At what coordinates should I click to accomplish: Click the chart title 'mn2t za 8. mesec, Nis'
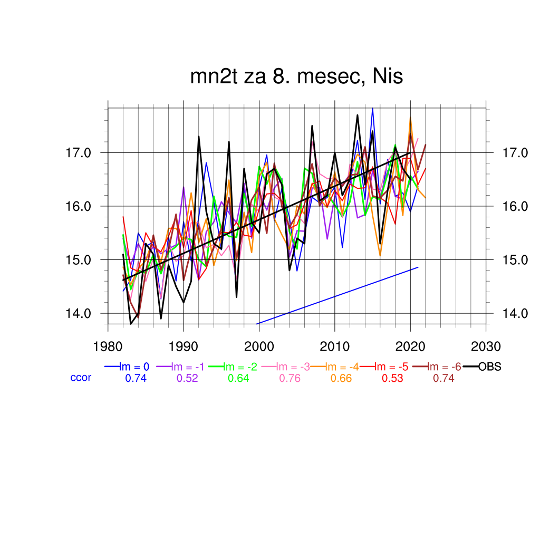(x=296, y=77)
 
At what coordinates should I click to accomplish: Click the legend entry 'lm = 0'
(x=136, y=367)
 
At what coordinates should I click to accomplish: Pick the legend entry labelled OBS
(x=489, y=367)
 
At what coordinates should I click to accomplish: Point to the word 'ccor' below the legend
(x=81, y=378)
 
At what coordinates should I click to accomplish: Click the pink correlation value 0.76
(x=290, y=378)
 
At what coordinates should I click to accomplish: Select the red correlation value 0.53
(x=392, y=378)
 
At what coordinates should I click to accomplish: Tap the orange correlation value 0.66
(x=341, y=378)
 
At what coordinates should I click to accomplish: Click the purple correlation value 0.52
(x=187, y=378)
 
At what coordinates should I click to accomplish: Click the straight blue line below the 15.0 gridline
(x=337, y=295)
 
